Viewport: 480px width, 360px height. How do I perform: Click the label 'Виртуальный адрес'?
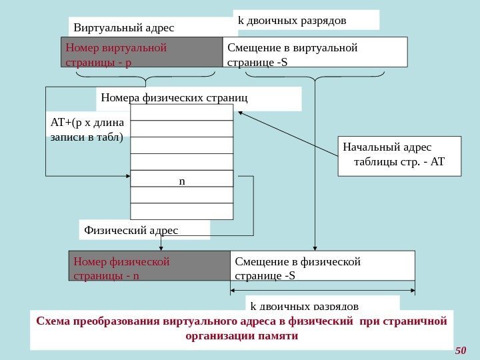click(124, 28)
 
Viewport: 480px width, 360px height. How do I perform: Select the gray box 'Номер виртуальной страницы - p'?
click(141, 52)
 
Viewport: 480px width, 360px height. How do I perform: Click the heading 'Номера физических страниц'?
click(174, 98)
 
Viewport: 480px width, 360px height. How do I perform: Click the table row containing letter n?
click(182, 180)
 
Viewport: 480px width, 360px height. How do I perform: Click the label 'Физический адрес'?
click(131, 231)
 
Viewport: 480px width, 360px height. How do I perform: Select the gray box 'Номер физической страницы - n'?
click(149, 266)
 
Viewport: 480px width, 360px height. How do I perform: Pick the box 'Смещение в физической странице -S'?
click(322, 266)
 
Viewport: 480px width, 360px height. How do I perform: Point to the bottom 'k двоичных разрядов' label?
click(304, 305)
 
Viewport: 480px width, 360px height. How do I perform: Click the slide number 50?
click(460, 351)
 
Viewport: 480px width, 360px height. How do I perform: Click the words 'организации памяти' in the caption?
click(241, 336)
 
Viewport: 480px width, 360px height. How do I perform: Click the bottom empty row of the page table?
click(182, 211)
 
